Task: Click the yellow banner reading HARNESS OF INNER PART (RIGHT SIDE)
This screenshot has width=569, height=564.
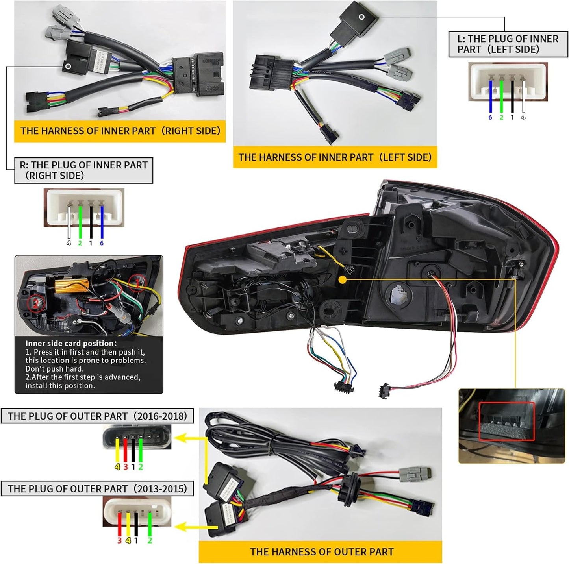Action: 120,131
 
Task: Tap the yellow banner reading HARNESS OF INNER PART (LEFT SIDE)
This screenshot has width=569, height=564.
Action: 335,157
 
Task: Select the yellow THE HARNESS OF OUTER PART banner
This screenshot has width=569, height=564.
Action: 321,552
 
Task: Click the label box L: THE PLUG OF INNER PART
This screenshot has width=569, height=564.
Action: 508,44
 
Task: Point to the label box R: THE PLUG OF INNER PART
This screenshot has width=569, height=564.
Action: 83,170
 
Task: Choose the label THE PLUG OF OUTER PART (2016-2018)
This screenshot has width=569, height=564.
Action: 97,416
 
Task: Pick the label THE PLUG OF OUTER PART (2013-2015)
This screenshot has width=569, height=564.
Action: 97,489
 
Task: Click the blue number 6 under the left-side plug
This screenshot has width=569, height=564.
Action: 490,117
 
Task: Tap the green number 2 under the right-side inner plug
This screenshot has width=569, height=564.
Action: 80,243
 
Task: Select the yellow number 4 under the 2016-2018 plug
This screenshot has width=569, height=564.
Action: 117,467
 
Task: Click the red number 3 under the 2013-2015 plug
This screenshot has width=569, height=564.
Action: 119,540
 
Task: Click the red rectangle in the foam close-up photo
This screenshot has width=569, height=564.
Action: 506,421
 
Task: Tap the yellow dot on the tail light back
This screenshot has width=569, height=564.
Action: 343,280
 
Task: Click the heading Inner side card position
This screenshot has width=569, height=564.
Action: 71,344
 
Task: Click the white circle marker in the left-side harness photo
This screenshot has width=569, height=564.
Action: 361,17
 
